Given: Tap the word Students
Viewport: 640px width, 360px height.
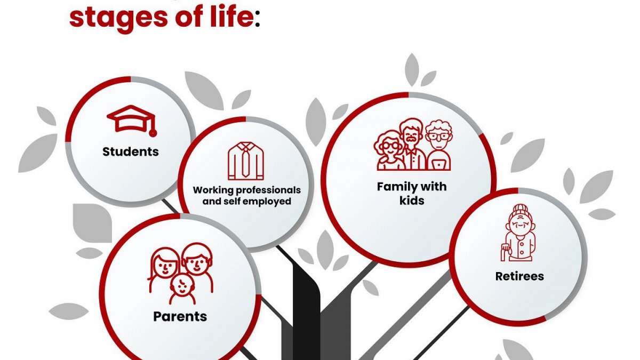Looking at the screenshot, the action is click(131, 151).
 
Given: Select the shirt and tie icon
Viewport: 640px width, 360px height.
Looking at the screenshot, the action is click(246, 161).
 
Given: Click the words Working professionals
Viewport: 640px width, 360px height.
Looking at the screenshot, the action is click(247, 190).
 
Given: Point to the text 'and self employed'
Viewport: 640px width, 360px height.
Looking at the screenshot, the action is click(247, 201).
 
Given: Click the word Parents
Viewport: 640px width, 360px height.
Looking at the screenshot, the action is click(180, 317).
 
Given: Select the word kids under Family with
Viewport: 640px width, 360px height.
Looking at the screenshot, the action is click(412, 201).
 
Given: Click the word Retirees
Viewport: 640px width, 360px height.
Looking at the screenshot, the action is click(519, 276).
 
